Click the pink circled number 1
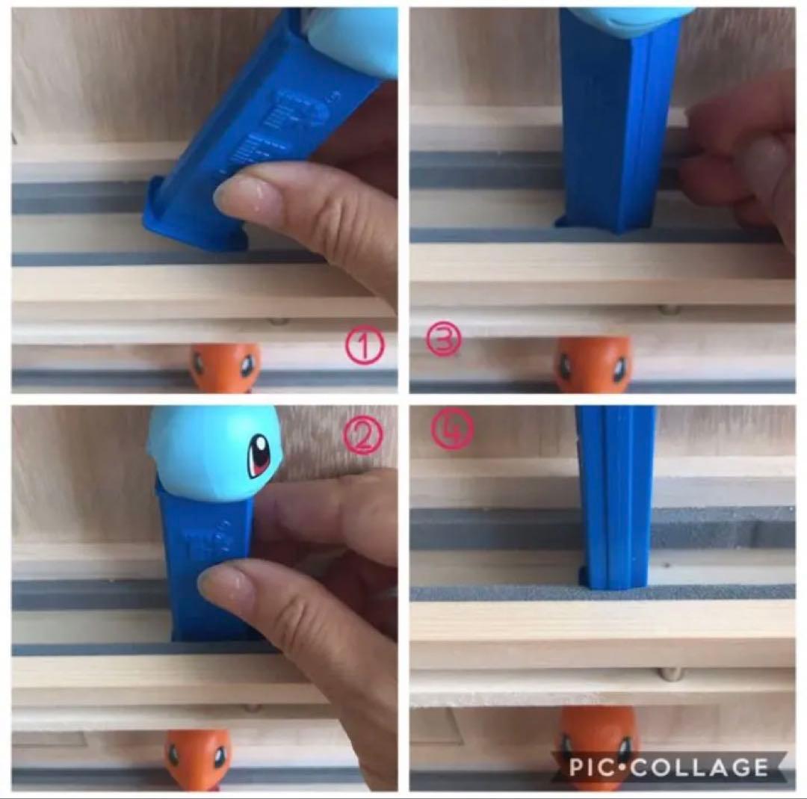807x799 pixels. (x=363, y=347)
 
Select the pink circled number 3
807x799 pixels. (x=444, y=340)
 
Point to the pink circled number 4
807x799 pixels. (x=451, y=431)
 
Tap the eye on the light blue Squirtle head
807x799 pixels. (x=259, y=454)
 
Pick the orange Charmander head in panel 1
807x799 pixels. (x=225, y=367)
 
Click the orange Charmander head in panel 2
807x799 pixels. (x=198, y=759)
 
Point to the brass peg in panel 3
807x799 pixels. (x=668, y=309)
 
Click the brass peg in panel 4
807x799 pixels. (x=671, y=674)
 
